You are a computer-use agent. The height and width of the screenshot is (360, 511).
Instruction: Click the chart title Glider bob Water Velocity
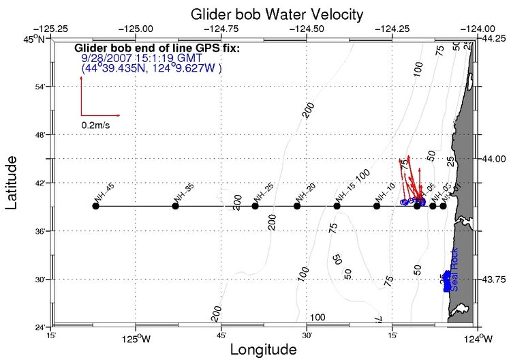267,14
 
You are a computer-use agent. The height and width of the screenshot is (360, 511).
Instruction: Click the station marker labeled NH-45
95,206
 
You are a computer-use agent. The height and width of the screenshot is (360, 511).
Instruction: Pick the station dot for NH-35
176,206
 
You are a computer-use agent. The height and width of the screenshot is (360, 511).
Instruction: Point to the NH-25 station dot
255,206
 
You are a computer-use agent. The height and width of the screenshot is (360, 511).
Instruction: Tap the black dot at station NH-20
297,206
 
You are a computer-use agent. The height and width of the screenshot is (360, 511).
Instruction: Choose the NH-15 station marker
337,206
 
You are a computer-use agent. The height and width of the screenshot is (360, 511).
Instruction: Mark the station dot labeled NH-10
377,206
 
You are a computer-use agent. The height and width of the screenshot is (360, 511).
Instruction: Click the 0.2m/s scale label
97,125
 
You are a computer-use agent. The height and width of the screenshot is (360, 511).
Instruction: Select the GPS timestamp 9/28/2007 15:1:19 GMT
141,59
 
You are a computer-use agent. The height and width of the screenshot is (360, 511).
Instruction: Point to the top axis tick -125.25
54,29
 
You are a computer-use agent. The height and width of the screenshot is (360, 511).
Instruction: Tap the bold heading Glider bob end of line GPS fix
157,48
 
